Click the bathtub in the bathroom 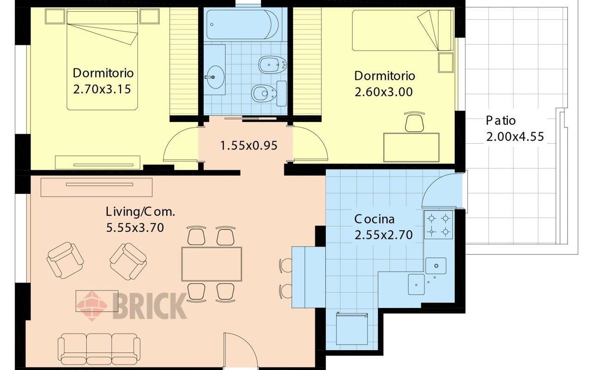[243, 25]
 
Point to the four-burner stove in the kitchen [438, 224]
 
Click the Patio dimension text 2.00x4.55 [514, 137]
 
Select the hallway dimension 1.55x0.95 [248, 146]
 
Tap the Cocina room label [374, 219]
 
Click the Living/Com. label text [140, 212]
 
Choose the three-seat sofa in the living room [99, 350]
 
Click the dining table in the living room [211, 264]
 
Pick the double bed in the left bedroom [103, 60]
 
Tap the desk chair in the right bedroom [414, 122]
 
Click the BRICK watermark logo [132, 304]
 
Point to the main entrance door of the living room [240, 351]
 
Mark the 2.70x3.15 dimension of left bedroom [102, 89]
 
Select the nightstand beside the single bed [446, 62]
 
